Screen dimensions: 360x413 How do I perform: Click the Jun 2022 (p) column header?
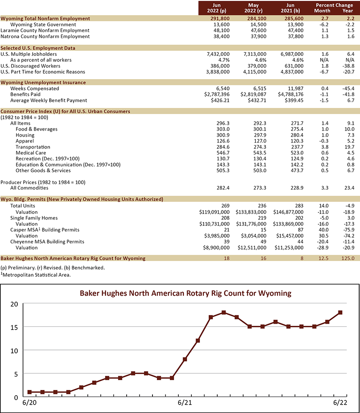coord(216,8)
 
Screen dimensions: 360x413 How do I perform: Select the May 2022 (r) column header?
coord(253,8)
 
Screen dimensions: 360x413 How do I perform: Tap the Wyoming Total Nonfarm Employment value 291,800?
coord(220,19)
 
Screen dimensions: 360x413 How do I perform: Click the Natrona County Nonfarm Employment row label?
coord(45,36)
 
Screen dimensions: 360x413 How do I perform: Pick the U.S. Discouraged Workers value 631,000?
coord(292,66)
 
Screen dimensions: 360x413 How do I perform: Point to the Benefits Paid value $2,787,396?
coord(216,94)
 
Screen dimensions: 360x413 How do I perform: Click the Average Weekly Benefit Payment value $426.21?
coord(220,100)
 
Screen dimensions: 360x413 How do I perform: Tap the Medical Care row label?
coord(31,153)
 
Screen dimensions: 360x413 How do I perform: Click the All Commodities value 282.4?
coord(223,188)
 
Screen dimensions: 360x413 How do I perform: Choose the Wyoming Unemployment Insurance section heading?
coord(43,83)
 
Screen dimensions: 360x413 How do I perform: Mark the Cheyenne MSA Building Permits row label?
coord(47,242)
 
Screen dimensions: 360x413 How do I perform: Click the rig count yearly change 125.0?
coord(348,259)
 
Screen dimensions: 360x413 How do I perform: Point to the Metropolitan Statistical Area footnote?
coord(36,275)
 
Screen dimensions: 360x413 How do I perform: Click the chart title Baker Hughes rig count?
coord(186,293)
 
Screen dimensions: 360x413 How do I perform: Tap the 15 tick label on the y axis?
coord(14,327)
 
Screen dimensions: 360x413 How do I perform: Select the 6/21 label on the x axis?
coord(185,403)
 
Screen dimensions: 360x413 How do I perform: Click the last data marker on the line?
coord(340,312)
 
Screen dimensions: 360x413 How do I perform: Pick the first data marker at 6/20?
coord(30,392)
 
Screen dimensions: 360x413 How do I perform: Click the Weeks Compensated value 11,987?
coord(296,88)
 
